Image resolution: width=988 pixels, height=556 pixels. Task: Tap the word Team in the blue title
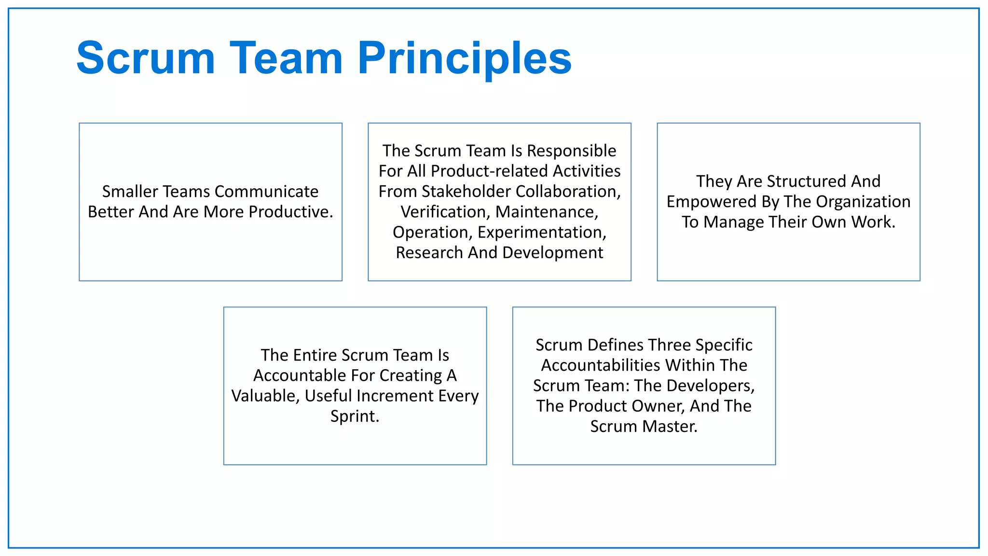[x=286, y=58]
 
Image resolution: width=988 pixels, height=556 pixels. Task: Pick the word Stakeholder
[x=467, y=192]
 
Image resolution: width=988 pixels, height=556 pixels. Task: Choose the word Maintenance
[x=547, y=212]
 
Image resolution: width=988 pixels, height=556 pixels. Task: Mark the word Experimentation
[x=542, y=232]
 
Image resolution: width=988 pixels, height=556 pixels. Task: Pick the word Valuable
[x=266, y=396]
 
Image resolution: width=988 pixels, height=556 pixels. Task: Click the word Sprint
[x=355, y=416]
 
